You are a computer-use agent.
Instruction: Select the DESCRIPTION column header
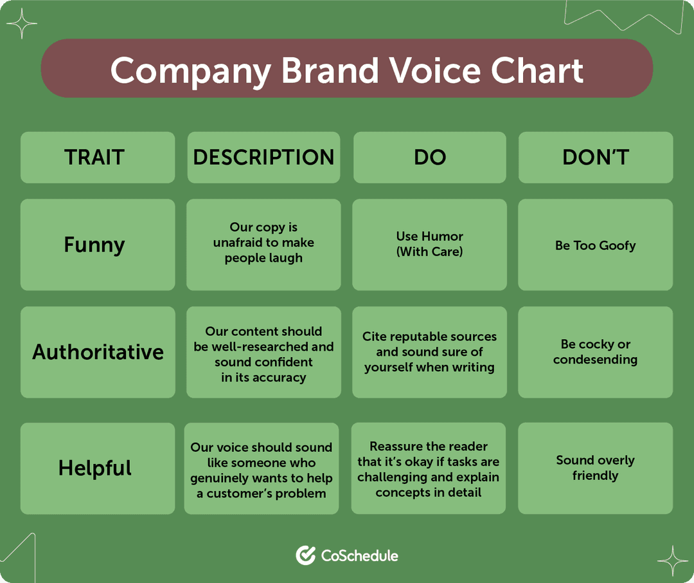click(263, 158)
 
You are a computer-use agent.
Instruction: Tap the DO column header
click(429, 158)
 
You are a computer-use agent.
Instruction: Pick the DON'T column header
click(596, 158)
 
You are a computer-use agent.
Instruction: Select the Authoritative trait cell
click(98, 352)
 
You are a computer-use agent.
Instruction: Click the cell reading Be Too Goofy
click(596, 245)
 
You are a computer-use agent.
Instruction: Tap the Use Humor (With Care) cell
click(429, 245)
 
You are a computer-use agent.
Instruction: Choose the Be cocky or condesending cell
click(596, 352)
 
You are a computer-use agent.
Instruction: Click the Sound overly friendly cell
click(596, 468)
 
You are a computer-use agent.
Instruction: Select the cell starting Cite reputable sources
click(429, 352)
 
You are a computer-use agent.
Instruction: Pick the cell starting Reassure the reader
click(429, 468)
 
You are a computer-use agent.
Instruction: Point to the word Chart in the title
click(537, 69)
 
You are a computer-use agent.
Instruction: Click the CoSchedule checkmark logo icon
click(305, 555)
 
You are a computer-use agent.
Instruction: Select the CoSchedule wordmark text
click(360, 555)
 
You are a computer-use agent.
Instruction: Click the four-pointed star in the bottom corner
click(672, 560)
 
